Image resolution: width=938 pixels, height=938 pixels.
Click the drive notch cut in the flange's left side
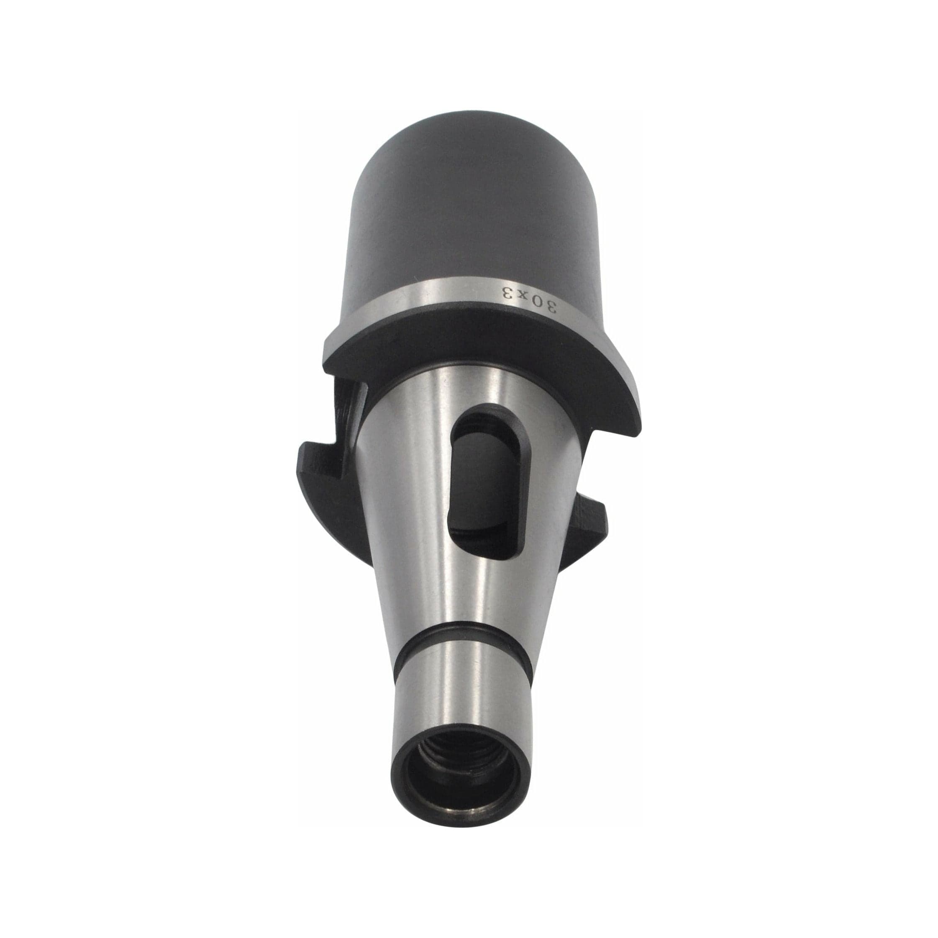(347, 423)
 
